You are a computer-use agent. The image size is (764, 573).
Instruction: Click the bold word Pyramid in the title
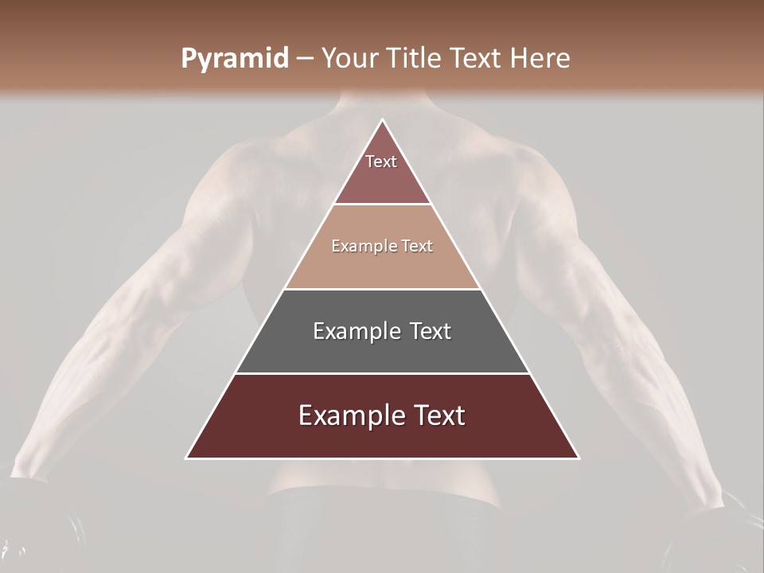pos(235,59)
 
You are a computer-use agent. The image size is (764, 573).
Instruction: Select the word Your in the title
pos(348,59)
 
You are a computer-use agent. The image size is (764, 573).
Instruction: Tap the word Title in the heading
pos(415,59)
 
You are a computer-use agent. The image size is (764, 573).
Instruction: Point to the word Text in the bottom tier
pos(437,415)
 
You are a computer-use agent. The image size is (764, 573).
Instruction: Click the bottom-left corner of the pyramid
pos(187,458)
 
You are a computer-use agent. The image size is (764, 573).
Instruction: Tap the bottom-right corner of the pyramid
pos(579,458)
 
